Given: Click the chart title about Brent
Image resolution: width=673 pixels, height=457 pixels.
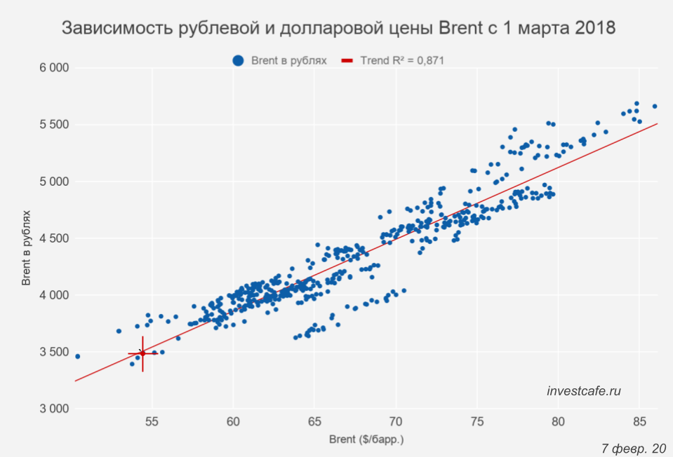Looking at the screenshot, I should [x=338, y=29].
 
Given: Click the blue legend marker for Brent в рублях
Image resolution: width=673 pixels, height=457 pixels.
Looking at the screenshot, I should [x=239, y=61].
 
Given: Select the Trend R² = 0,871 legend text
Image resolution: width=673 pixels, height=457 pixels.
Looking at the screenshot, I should [x=402, y=61].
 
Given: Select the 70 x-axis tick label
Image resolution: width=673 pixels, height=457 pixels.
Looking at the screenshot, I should [x=396, y=421].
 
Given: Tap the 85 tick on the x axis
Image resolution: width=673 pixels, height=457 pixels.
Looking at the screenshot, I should [x=639, y=421].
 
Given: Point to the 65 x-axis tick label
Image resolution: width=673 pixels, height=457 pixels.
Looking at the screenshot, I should [x=314, y=421].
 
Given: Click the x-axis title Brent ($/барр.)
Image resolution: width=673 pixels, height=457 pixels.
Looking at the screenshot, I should [x=366, y=440].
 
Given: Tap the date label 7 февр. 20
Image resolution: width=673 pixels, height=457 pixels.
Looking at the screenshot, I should [x=633, y=448].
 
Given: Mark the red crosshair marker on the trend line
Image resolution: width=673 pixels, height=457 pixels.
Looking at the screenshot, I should [x=142, y=353].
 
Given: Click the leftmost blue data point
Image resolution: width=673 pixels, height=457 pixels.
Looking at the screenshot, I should [x=77, y=356].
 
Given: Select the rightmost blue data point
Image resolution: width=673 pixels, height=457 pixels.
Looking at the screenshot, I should [x=655, y=107].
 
